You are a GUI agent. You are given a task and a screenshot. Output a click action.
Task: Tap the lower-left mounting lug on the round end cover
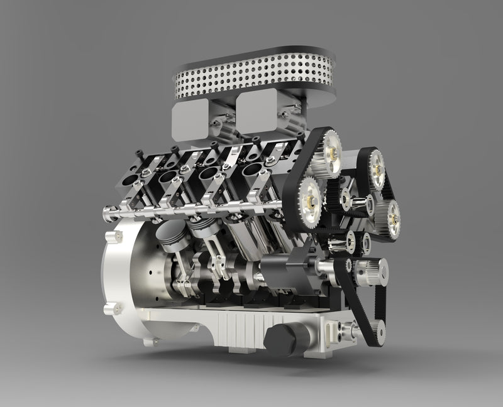113,308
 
